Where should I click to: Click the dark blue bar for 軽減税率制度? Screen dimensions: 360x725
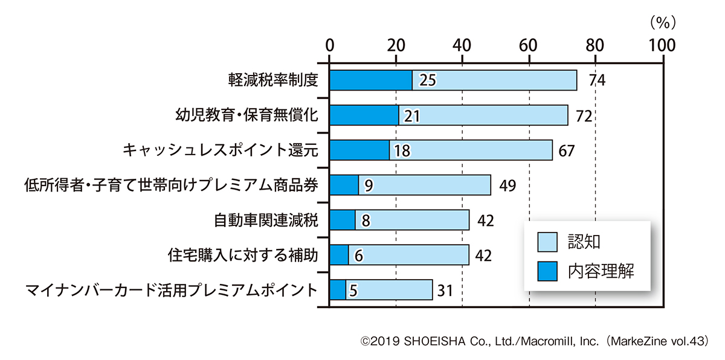click(370, 80)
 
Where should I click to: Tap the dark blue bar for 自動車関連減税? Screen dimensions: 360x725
click(342, 220)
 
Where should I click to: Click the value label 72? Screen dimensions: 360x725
click(584, 115)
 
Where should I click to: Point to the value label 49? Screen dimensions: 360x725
click(507, 185)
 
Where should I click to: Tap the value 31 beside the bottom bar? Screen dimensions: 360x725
click(445, 291)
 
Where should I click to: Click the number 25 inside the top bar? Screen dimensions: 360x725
click(427, 80)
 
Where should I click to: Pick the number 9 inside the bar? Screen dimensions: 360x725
click(368, 185)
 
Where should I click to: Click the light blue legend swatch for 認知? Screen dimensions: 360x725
click(548, 242)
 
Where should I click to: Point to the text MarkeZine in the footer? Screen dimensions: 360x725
click(642, 341)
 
